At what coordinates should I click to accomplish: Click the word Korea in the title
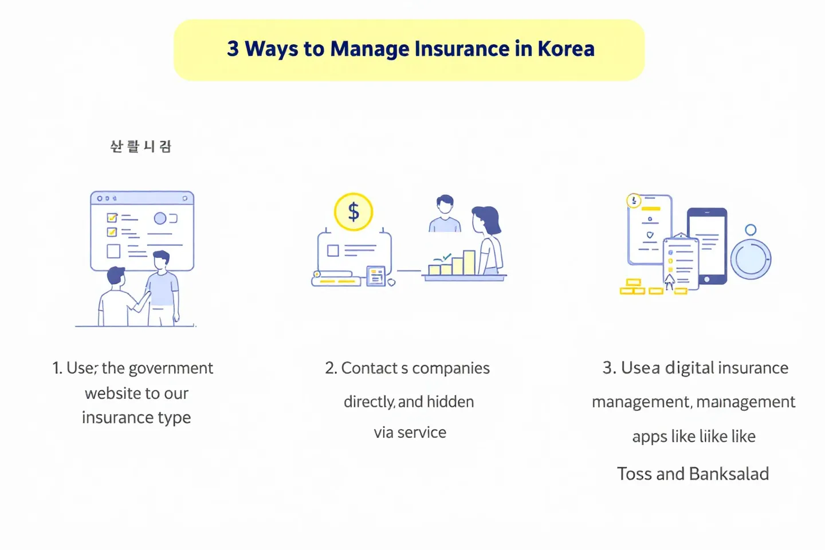[x=565, y=49]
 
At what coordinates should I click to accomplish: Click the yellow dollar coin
[x=353, y=212]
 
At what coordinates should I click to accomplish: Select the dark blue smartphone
[x=708, y=246]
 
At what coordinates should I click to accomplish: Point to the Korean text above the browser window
[x=140, y=147]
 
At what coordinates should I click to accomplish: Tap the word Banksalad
[x=729, y=474]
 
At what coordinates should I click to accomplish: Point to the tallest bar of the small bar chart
[x=469, y=262]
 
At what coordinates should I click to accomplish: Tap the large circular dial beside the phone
[x=751, y=259]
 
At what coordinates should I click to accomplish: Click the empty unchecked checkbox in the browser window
[x=113, y=252]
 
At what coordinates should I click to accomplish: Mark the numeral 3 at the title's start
[x=233, y=49]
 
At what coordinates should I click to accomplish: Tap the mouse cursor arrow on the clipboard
[x=669, y=281]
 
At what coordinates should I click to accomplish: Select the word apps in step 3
[x=649, y=437]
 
